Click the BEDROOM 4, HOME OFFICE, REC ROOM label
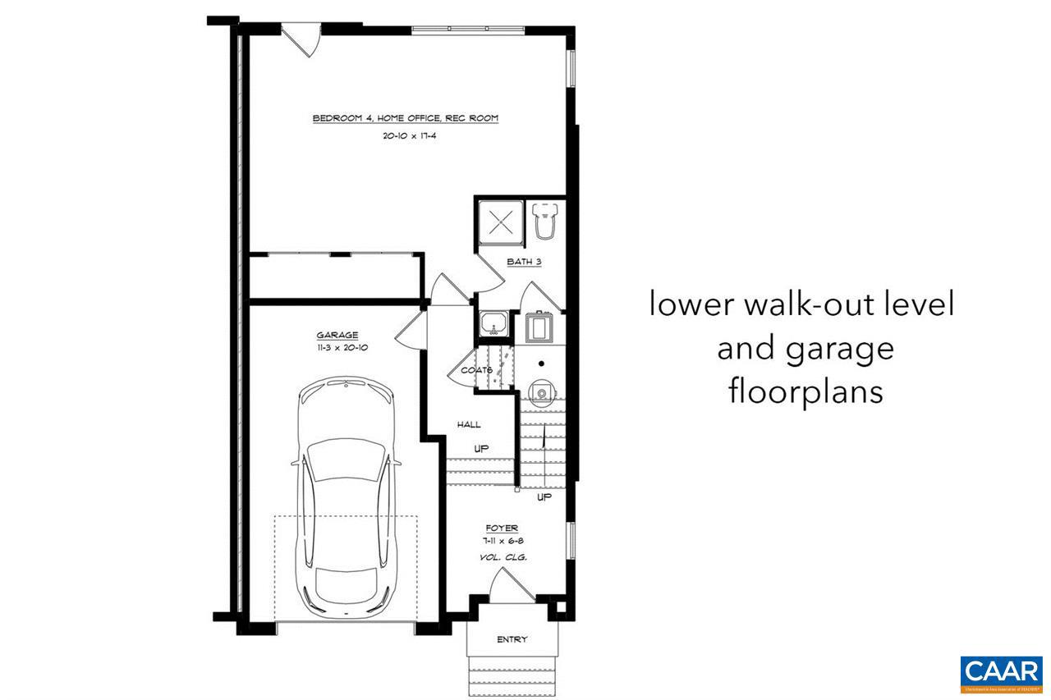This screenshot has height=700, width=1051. click(x=405, y=119)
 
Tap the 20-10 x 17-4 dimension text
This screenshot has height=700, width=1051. click(x=408, y=136)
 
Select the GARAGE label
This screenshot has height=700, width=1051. click(x=337, y=335)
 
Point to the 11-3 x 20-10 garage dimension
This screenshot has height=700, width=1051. click(x=337, y=348)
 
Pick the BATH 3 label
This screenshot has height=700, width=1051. click(x=524, y=263)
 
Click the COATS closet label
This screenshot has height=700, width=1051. click(x=476, y=370)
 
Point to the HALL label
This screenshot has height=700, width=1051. click(x=469, y=424)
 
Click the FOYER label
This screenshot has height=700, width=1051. click(x=501, y=528)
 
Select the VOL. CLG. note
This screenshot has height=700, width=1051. click(x=502, y=558)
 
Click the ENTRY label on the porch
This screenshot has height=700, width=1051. click(x=512, y=639)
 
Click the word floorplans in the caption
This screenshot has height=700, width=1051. click(x=805, y=391)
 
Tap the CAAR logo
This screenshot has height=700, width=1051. click(x=1000, y=672)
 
